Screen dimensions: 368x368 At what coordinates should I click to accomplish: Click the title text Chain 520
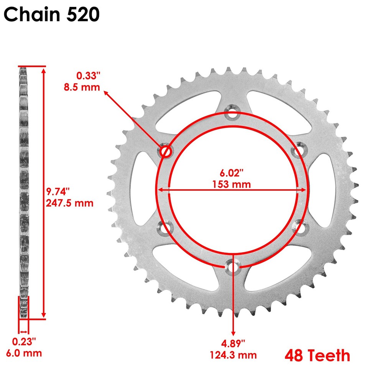(x=52, y=15)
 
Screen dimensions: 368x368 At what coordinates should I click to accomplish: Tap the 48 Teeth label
(x=317, y=355)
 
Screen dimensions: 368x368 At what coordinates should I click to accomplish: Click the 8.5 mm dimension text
(x=81, y=87)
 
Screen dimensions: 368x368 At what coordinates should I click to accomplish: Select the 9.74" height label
(x=58, y=191)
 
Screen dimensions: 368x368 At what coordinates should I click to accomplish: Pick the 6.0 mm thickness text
(x=26, y=353)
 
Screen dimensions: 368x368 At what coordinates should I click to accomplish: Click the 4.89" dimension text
(x=232, y=342)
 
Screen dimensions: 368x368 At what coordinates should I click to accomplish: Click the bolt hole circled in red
(x=166, y=152)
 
